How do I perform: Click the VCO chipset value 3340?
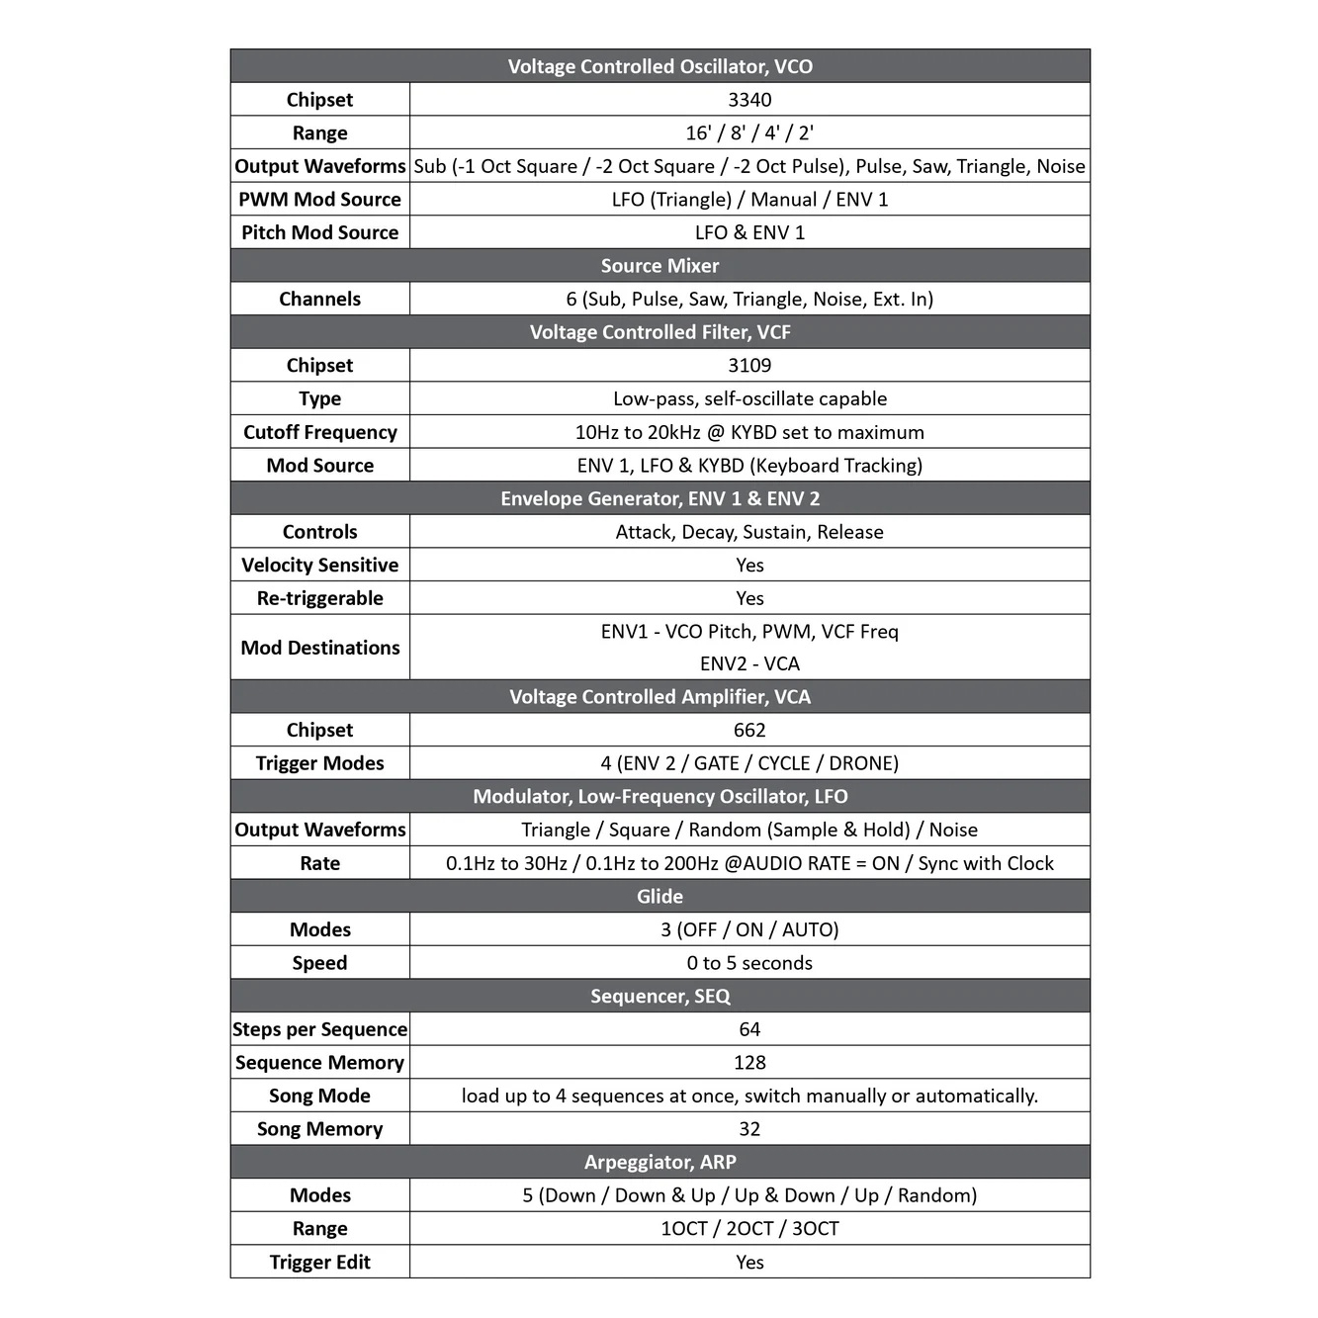(749, 100)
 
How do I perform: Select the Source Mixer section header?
(659, 266)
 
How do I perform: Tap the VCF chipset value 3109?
(749, 366)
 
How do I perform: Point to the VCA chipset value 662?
(749, 731)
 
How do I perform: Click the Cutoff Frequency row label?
(319, 432)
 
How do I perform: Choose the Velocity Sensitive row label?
(319, 566)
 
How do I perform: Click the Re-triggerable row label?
(319, 598)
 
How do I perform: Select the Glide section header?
(659, 897)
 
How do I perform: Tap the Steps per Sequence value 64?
(749, 1029)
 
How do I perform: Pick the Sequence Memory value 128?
(749, 1063)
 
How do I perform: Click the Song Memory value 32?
(749, 1129)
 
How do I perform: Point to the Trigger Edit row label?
(319, 1263)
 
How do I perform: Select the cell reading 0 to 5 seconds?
(749, 963)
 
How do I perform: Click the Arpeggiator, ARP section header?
(659, 1163)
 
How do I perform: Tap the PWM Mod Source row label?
(319, 200)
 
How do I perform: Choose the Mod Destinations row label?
(319, 648)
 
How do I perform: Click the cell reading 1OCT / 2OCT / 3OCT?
(749, 1229)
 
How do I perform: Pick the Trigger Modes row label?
(319, 763)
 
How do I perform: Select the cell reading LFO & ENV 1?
(749, 233)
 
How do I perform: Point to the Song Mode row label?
(319, 1097)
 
